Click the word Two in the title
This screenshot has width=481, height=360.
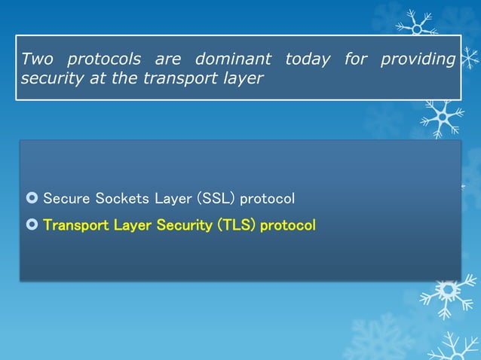click(x=38, y=59)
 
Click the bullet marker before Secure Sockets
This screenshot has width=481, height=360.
click(x=31, y=199)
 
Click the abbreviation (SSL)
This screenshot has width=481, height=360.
click(x=216, y=199)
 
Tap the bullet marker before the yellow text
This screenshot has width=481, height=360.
click(x=31, y=225)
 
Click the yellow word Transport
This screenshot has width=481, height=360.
click(x=75, y=225)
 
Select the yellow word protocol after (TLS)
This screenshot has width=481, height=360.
click(x=287, y=226)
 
